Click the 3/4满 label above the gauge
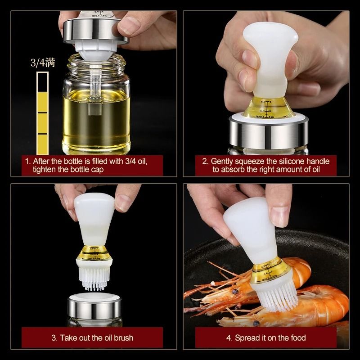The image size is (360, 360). point(43,63)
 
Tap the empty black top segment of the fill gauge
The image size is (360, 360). point(43,82)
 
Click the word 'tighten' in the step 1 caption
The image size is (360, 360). point(45,170)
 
